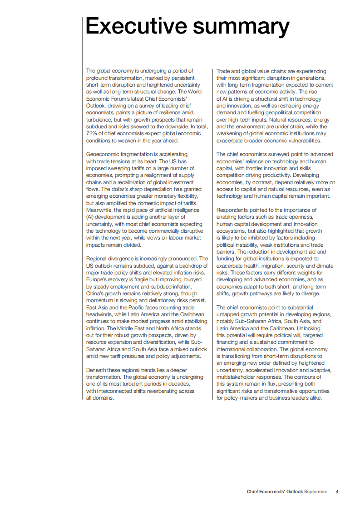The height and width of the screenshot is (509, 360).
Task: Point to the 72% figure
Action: pos(92,134)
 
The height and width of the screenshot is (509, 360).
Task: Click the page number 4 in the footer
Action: pos(337,492)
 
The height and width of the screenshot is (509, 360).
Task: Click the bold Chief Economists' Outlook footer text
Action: pos(275,492)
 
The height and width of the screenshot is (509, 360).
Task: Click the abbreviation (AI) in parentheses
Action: pos(90,217)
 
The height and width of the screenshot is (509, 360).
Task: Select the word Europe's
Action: pos(98,279)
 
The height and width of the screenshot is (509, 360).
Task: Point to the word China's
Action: pos(96,294)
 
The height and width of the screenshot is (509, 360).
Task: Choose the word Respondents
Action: pos(233,210)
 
